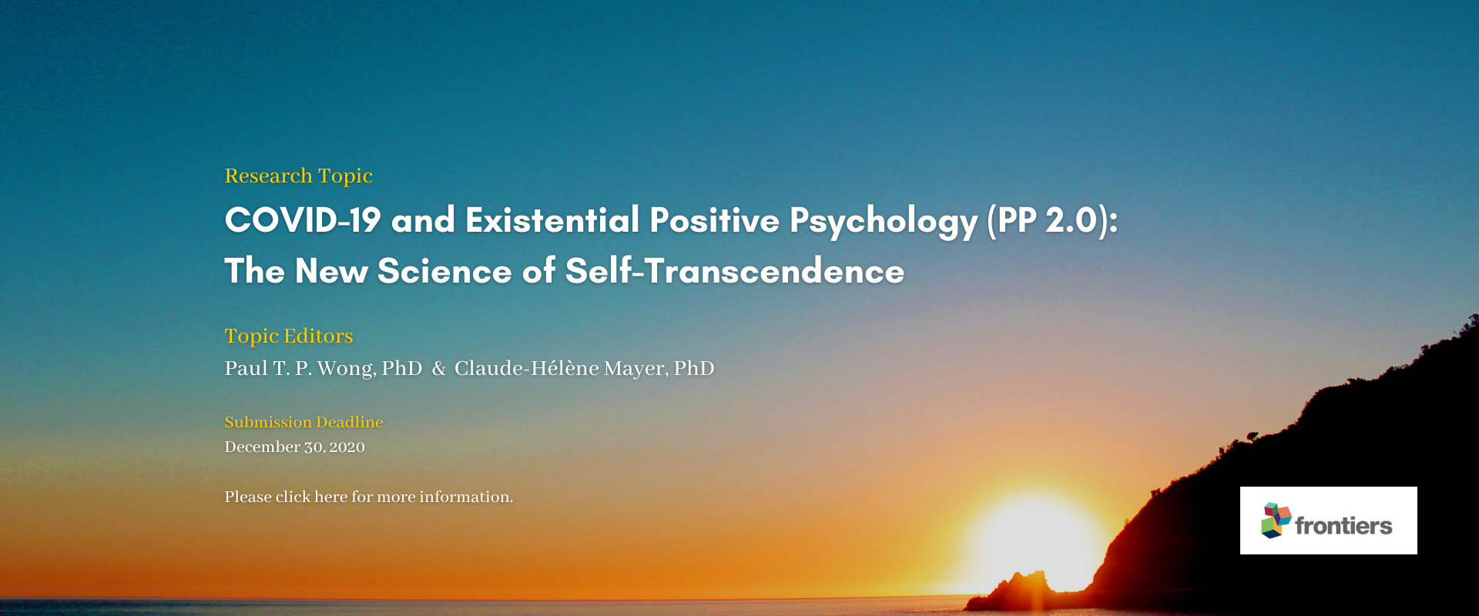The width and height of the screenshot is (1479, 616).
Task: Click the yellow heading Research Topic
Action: pos(299,176)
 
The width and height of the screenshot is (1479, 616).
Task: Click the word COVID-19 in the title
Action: pos(303,220)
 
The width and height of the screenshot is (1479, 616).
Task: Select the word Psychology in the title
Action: pos(884,223)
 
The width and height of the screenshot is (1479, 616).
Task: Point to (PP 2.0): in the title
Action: pos(1053,221)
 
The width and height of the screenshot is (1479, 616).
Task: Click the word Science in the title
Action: pos(444,271)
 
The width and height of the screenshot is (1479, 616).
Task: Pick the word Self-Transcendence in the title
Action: pos(735,271)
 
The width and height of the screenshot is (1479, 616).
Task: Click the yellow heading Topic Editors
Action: pos(289,336)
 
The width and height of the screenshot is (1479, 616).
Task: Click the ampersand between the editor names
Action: pos(439,369)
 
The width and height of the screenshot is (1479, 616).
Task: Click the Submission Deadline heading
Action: pos(304,422)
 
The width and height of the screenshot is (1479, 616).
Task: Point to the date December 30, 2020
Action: pos(294,447)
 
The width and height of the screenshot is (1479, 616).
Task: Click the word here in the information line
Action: pos(330,497)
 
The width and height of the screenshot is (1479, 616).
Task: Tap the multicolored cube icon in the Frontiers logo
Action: pos(1276,521)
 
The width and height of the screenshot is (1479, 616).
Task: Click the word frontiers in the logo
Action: pos(1343,526)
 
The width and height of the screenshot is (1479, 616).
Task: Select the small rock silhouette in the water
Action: pos(1012,591)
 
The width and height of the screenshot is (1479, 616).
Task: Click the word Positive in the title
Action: pos(715,220)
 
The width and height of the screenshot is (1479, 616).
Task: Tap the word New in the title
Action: pos(331,271)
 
